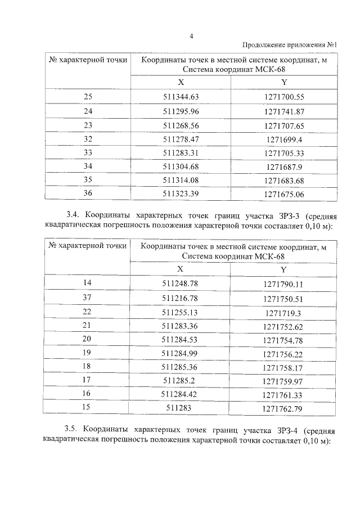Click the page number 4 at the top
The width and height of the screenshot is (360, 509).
pos(191,37)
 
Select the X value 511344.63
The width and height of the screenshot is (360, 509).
pos(181,97)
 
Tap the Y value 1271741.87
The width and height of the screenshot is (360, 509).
pos(283,111)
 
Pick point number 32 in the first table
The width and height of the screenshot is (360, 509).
pos(88,138)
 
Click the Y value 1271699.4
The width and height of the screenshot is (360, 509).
pos(283,139)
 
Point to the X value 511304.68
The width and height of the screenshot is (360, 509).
pos(181,166)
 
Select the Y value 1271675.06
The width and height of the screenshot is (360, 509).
pos(283,194)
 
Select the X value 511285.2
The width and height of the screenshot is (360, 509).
pos(181,382)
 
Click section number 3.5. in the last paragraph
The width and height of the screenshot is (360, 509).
pos(75,430)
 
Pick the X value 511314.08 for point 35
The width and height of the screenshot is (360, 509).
pos(181,181)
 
